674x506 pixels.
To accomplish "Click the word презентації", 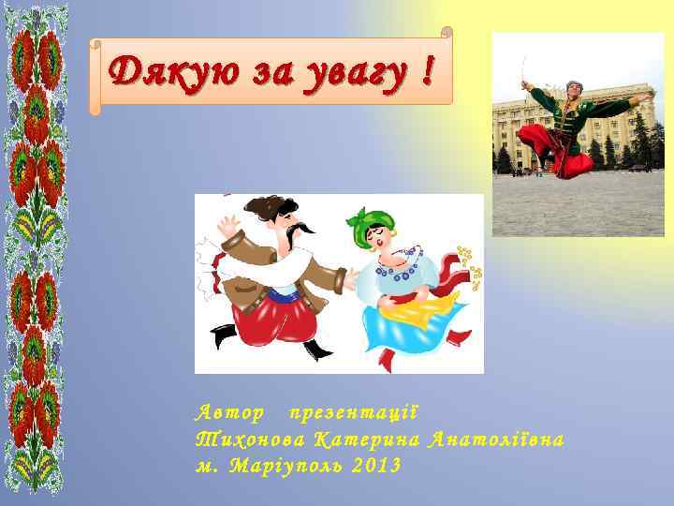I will (352, 413).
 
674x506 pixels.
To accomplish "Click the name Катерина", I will (365, 439).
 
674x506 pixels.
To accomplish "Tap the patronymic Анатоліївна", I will (495, 439).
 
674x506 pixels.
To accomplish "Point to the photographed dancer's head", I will (573, 90).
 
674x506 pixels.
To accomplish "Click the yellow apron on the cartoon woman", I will (426, 305).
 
